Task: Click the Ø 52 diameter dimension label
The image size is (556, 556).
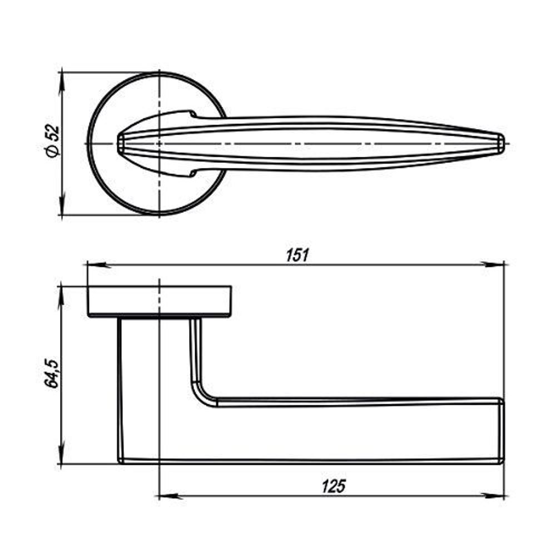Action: pos(52,142)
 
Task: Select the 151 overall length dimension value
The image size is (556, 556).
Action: pos(297,255)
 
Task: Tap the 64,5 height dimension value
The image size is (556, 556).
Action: pos(51,374)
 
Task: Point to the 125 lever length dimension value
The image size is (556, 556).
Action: pos(333,487)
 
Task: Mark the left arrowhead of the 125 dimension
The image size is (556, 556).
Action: pos(166,495)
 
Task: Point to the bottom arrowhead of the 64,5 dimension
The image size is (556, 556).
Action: pos(62,457)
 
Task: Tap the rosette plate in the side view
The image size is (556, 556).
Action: pos(160,302)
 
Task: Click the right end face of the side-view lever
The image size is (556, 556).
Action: pos(502,430)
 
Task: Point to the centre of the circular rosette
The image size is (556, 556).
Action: pos(160,143)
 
